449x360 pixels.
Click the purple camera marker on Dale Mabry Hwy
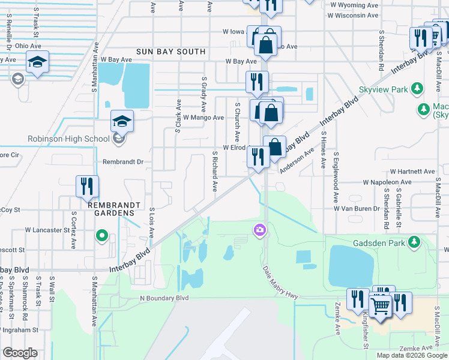point(259,229)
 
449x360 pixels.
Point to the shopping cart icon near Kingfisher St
point(381,307)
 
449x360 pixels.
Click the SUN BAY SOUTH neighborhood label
point(170,52)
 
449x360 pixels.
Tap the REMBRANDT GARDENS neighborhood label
point(114,205)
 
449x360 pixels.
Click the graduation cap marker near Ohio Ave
point(37,62)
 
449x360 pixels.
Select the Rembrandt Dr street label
point(123,161)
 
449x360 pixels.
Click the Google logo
point(20,353)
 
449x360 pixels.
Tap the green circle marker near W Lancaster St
point(102,235)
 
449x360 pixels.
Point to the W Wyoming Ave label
point(354,4)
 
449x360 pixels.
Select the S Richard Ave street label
point(214,171)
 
